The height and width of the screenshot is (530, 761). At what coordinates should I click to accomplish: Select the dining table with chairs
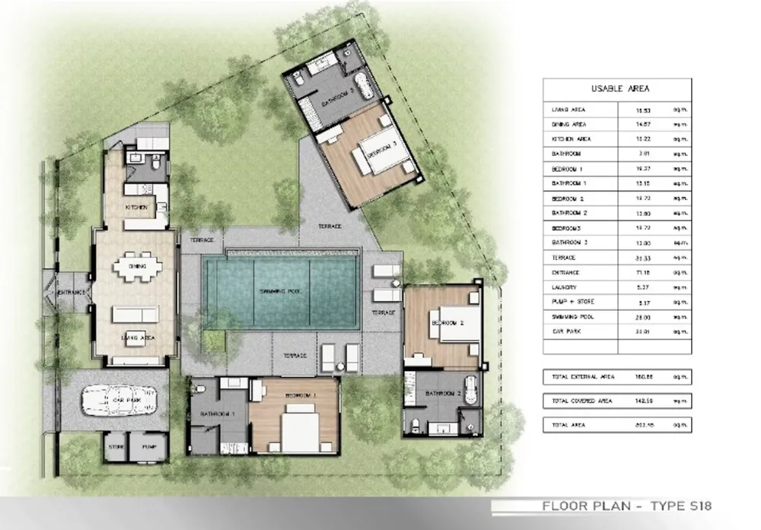pos(137,267)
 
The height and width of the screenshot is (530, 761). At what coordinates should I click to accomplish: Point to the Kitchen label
pos(136,207)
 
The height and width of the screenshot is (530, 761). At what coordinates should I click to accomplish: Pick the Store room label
pos(116,447)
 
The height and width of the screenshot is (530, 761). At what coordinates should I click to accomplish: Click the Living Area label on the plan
pos(137,336)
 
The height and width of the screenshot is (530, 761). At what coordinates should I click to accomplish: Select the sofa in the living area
pos(135,313)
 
